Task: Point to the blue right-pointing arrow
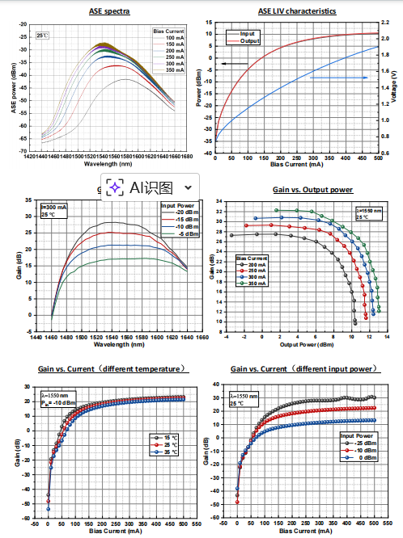[x=335, y=78]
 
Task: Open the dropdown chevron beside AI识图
[x=189, y=187]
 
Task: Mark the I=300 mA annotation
[x=54, y=208]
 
